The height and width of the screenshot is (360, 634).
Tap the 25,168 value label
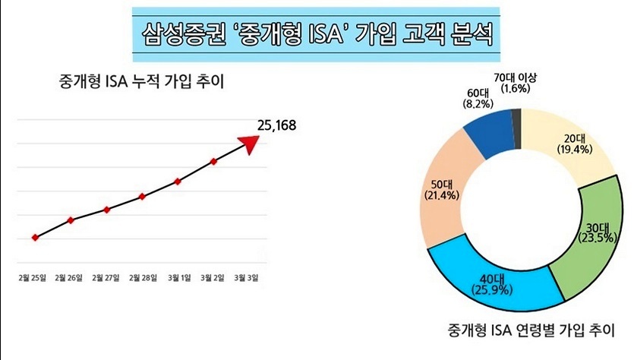[x=276, y=125]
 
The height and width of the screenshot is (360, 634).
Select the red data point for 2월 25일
[x=35, y=238]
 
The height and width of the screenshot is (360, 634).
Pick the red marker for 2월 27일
[x=107, y=209]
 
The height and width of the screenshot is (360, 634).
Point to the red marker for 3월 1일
[x=178, y=181]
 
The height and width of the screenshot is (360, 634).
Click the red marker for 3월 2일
[x=214, y=161]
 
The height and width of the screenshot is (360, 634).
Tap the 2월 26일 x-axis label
[x=69, y=278]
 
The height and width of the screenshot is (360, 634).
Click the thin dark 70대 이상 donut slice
[x=516, y=119]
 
